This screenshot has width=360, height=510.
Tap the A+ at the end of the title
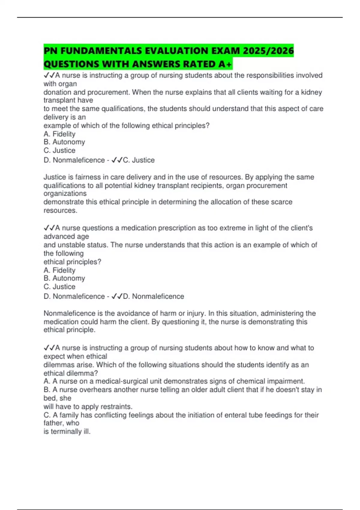(225, 64)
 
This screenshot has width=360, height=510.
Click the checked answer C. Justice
(139, 160)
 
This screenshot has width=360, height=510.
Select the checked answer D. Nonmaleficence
(154, 296)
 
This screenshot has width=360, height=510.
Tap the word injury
(195, 313)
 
